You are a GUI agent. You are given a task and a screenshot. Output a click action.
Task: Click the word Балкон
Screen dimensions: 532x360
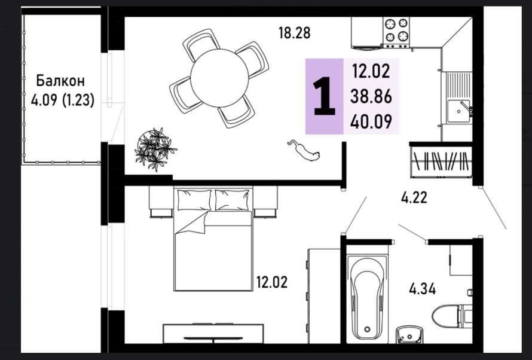point(60,81)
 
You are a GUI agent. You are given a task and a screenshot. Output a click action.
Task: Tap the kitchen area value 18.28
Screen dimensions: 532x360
point(295,33)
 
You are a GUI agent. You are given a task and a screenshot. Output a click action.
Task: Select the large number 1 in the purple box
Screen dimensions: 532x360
point(325,96)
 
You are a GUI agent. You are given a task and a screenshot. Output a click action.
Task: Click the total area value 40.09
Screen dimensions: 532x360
point(371,121)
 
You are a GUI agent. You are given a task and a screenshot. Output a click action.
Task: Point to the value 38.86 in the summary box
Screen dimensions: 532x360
point(371,97)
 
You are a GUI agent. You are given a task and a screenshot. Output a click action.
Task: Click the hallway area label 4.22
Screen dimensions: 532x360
point(414,197)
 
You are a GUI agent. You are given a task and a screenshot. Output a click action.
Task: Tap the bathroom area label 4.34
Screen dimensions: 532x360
point(423,289)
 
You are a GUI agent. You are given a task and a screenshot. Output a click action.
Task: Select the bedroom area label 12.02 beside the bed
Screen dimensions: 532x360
point(272,282)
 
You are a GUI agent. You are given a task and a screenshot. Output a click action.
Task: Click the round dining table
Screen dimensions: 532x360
point(219,78)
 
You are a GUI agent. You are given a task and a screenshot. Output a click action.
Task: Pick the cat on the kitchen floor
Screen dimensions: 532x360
point(305,150)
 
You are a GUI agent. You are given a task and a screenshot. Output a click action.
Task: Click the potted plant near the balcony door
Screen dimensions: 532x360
point(155,150)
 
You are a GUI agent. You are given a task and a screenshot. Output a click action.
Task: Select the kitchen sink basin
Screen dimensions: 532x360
point(458,111)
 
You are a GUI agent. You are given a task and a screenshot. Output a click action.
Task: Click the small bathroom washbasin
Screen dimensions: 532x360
point(409,334)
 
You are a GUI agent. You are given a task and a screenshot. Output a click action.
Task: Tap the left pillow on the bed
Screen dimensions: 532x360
point(194,200)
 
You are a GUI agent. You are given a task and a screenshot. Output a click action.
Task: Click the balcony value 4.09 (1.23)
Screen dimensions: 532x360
point(62,100)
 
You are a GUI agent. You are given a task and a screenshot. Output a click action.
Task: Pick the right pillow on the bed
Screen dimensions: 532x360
point(232,200)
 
